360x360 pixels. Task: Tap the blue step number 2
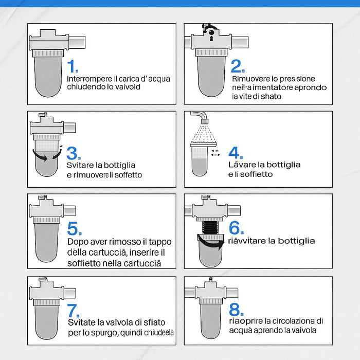point(237,66)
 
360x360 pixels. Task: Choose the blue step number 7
point(73,310)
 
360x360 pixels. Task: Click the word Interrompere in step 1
point(88,79)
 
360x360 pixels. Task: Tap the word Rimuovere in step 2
point(250,79)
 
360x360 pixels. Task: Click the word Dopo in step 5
point(77,242)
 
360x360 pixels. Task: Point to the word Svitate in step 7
point(80,322)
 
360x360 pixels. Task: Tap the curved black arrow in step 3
point(45,156)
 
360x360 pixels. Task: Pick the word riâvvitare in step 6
point(246,241)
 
